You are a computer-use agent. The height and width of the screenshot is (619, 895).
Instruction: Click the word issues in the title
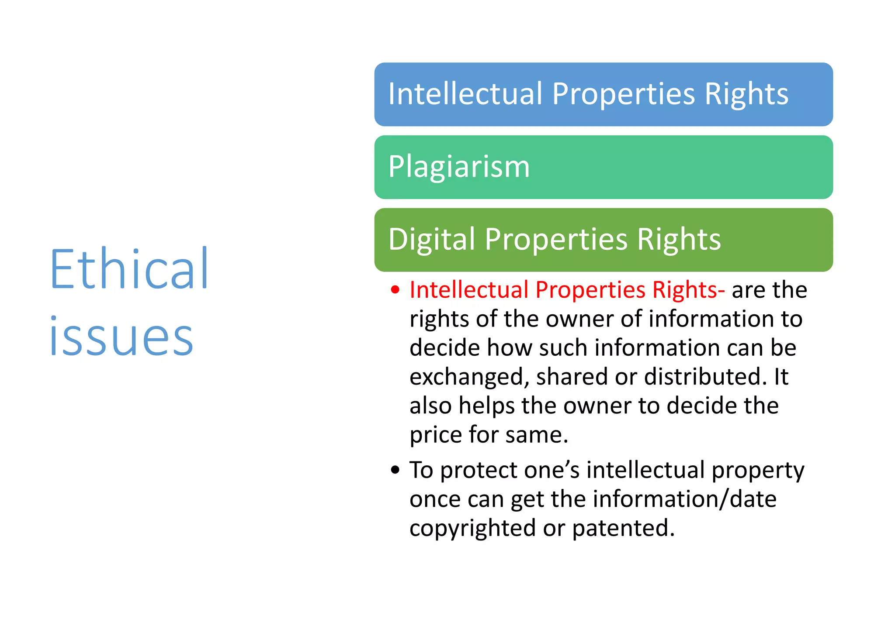pyautogui.click(x=121, y=337)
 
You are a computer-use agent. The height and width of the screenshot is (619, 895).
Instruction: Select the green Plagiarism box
pyautogui.click(x=603, y=167)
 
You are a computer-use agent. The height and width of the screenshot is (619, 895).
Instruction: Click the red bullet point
pyautogui.click(x=395, y=290)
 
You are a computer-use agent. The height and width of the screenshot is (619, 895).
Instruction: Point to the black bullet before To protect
pyautogui.click(x=395, y=470)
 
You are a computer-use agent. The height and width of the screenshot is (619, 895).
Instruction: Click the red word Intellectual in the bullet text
pyautogui.click(x=469, y=290)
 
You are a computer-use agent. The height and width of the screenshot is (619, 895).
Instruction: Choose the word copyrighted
pyautogui.click(x=472, y=528)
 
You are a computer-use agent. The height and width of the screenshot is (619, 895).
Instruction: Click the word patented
pyautogui.click(x=623, y=528)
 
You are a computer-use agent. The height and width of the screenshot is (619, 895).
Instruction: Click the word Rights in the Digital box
pyautogui.click(x=679, y=240)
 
